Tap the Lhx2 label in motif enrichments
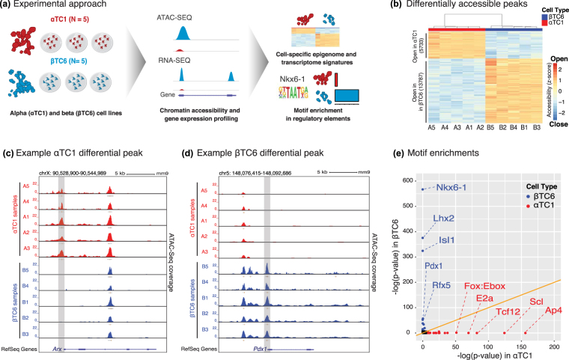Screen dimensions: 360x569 pos(444,219)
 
